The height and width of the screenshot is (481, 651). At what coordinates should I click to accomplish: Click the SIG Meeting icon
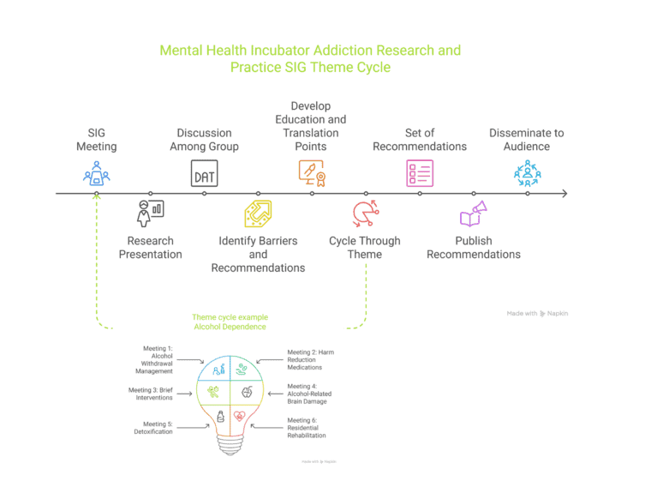point(97,174)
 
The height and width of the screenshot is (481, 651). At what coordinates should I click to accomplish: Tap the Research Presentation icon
point(150,211)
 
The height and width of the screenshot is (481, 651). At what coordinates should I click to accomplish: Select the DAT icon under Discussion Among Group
point(204,175)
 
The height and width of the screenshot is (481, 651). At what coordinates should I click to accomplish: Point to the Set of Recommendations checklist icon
point(420,174)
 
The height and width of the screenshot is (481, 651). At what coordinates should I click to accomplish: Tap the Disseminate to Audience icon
point(527,174)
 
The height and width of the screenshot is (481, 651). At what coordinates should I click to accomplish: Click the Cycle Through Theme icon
point(365,213)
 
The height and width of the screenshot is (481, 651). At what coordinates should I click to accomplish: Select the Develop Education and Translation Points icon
point(312,174)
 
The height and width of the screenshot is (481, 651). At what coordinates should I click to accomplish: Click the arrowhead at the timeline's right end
point(563,194)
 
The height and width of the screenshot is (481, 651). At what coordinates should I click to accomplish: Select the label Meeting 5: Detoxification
point(152,427)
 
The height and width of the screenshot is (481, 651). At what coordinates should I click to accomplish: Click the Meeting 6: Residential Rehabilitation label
point(307,427)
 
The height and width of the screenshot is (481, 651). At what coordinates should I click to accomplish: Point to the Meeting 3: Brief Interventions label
point(152,394)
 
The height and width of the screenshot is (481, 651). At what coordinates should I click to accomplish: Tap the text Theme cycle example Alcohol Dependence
point(230,322)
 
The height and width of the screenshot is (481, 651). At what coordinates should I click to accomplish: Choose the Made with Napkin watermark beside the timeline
point(537,314)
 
